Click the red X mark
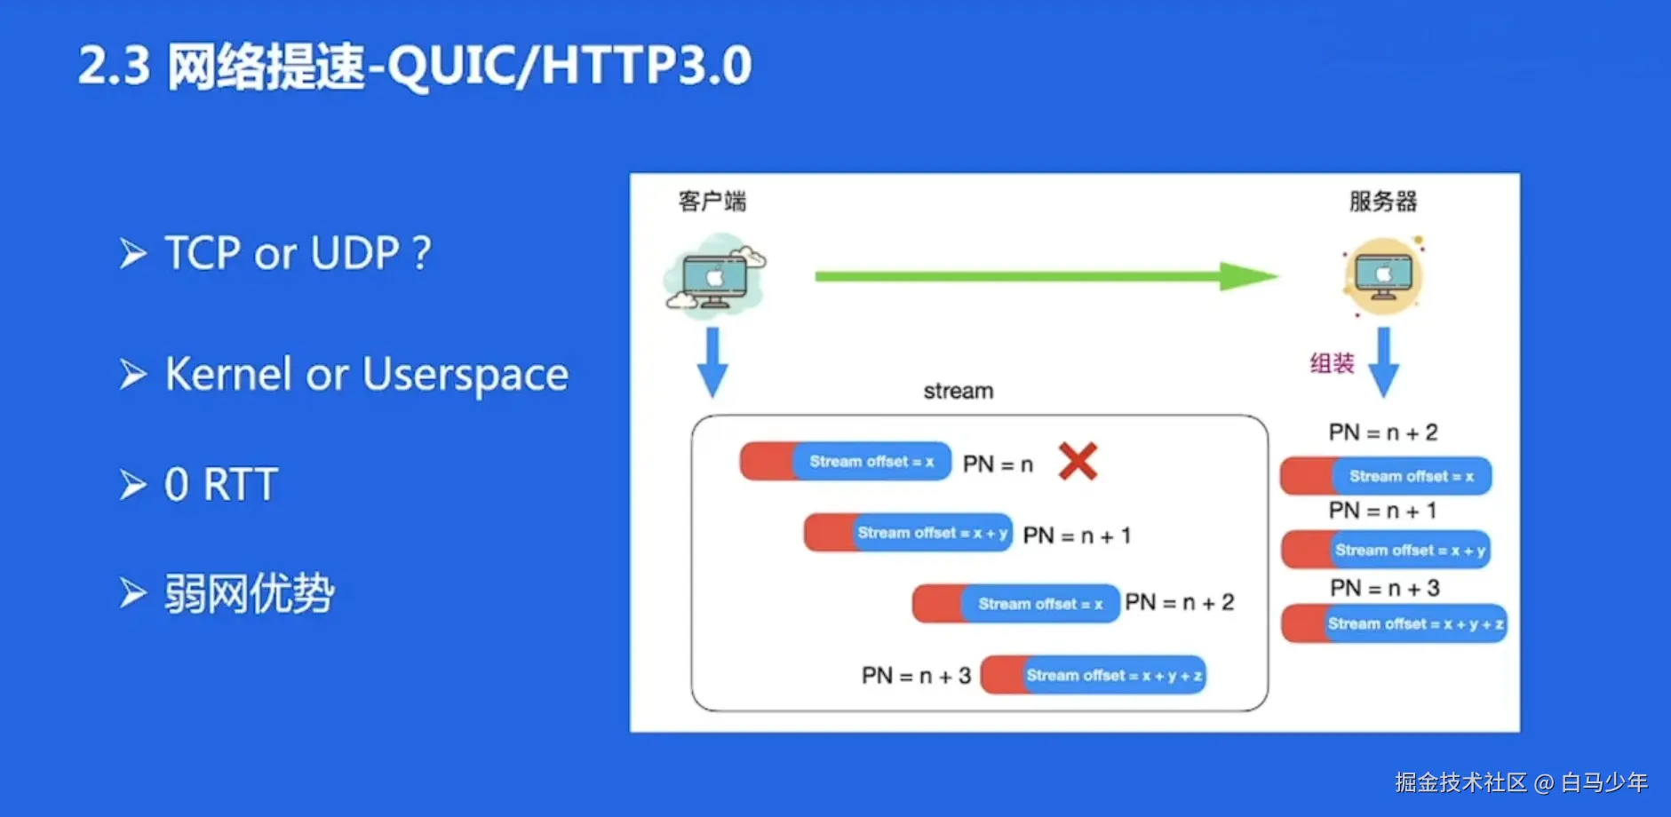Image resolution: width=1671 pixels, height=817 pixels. (1078, 462)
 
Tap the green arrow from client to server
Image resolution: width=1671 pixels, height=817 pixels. (1046, 276)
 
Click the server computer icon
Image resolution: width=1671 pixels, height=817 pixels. (1383, 276)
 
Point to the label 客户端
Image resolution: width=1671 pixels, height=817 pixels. (712, 202)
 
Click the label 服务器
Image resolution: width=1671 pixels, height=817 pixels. (1383, 202)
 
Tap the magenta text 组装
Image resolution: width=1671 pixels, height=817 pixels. (1332, 363)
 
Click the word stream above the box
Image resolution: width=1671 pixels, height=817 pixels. (959, 391)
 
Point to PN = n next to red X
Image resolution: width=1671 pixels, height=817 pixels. (999, 464)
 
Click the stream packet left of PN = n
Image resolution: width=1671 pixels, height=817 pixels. (845, 462)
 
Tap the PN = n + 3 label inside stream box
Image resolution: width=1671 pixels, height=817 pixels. (916, 676)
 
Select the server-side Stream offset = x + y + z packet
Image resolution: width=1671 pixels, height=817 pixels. (1394, 623)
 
